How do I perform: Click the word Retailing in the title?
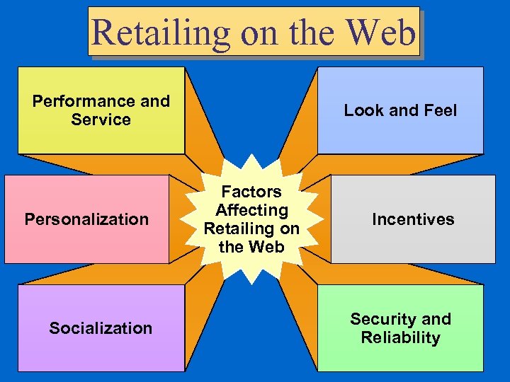[x=161, y=33]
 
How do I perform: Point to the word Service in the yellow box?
[x=101, y=120]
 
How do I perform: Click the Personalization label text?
[x=86, y=219]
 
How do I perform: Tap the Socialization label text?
[x=101, y=328]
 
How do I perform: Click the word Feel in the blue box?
[x=439, y=110]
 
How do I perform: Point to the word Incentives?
[x=413, y=219]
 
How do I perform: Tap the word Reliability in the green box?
[x=400, y=337]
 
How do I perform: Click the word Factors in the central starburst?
[x=251, y=192]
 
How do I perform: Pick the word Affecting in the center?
[x=251, y=210]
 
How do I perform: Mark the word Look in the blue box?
[x=363, y=110]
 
